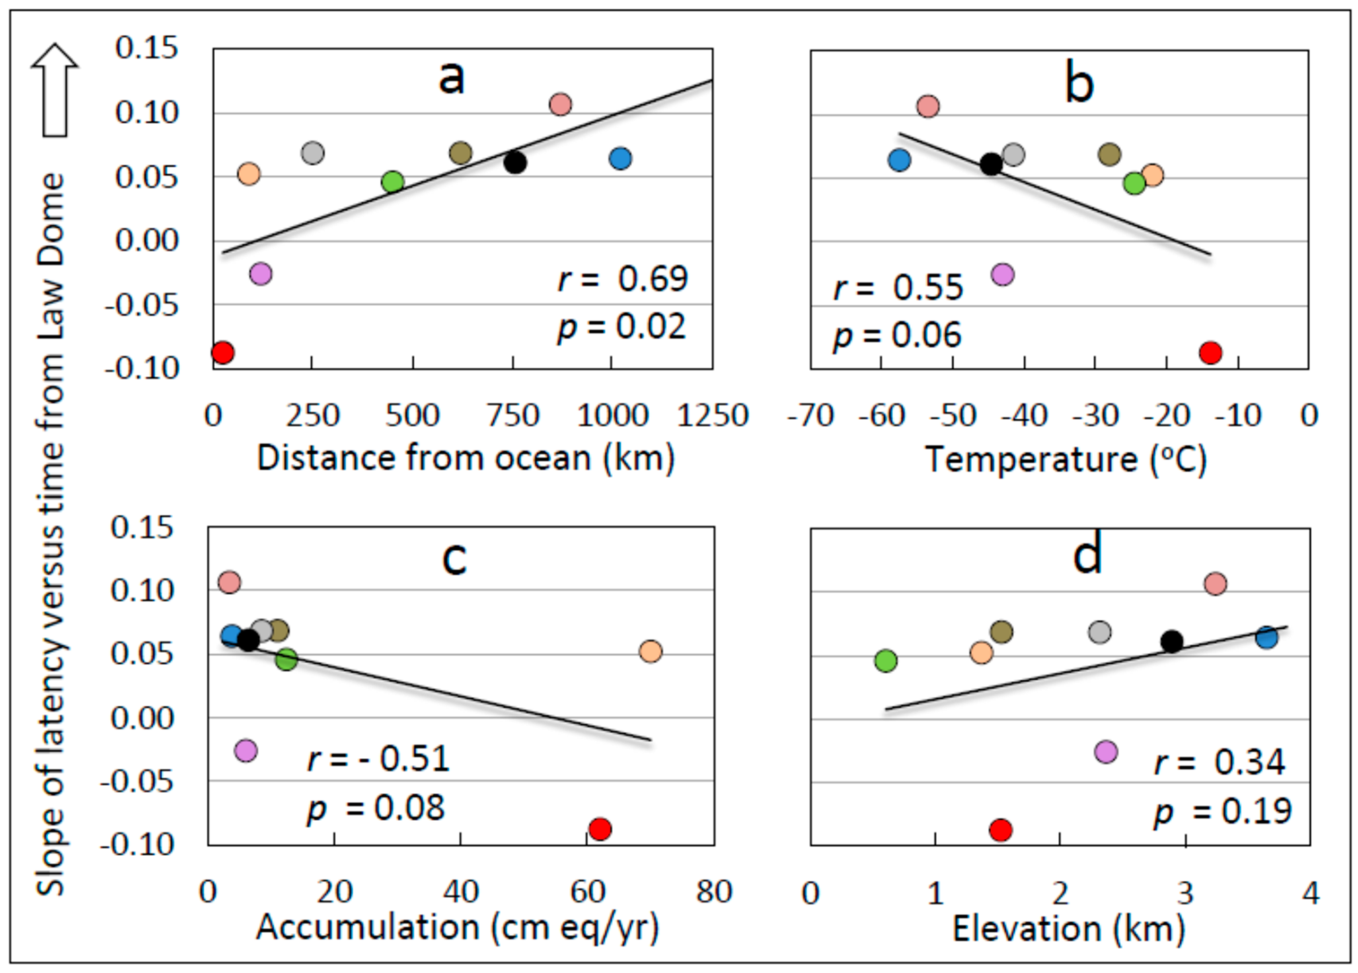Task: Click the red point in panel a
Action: click(222, 352)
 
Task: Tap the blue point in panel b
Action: click(899, 160)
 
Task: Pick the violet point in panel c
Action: click(245, 750)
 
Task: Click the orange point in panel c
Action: click(650, 651)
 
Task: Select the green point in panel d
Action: click(886, 660)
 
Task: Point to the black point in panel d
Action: click(1172, 641)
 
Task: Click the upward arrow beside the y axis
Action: click(55, 90)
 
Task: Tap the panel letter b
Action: click(1079, 84)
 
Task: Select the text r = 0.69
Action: click(623, 279)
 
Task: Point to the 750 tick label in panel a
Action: click(513, 415)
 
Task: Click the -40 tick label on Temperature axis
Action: click(1025, 415)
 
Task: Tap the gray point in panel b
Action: click(1013, 154)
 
